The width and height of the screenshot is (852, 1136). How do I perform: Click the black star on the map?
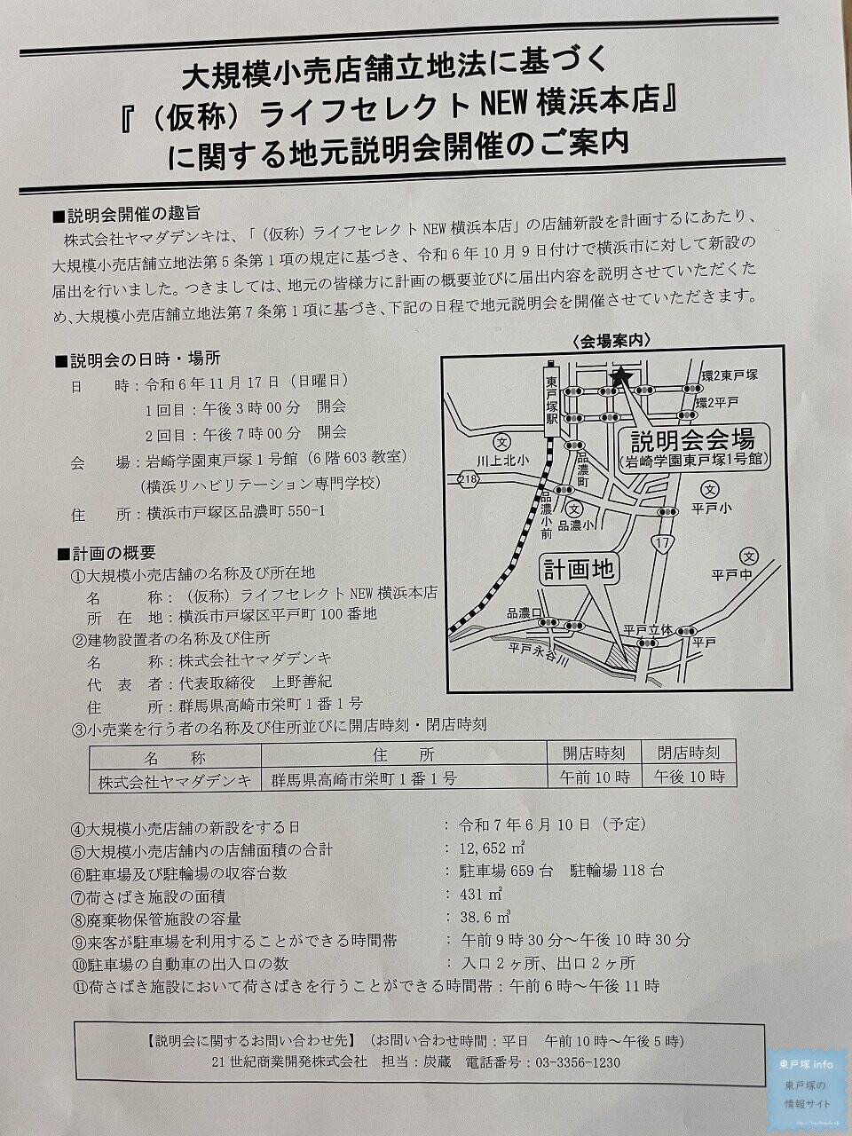pyautogui.click(x=620, y=376)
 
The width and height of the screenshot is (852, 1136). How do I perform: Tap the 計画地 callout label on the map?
pyautogui.click(x=580, y=570)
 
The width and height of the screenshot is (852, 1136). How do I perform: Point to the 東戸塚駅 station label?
pyautogui.click(x=550, y=397)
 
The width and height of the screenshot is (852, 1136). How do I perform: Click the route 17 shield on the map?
pyautogui.click(x=660, y=540)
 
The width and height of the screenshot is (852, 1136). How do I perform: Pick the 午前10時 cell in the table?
pyautogui.click(x=596, y=777)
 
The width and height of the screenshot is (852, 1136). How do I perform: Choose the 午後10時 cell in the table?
pyautogui.click(x=689, y=777)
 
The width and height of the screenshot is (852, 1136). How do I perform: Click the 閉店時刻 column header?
pyautogui.click(x=689, y=753)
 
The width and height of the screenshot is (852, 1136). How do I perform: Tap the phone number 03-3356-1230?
pyautogui.click(x=575, y=1062)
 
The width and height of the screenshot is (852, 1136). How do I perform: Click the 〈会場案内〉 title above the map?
pyautogui.click(x=613, y=340)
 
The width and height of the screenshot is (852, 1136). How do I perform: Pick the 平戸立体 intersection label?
pyautogui.click(x=643, y=629)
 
